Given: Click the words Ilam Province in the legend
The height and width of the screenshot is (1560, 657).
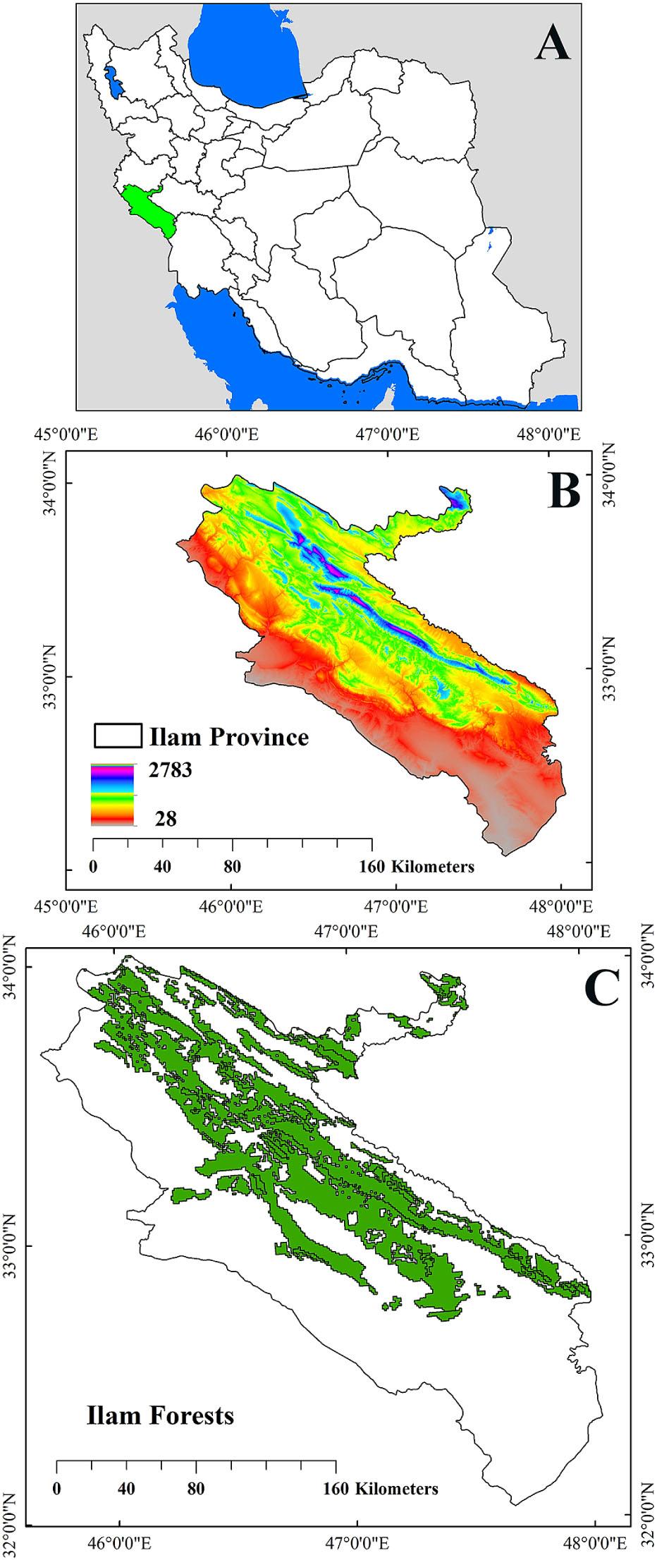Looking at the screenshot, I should pos(229,737).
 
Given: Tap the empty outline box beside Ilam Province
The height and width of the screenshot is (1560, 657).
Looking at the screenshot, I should pos(117,736).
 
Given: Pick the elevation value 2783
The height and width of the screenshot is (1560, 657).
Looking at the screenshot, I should pos(170,770).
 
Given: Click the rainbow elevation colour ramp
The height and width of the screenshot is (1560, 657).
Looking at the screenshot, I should pos(112,794).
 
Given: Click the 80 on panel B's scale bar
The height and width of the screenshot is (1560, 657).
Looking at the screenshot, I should pos(233,866).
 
